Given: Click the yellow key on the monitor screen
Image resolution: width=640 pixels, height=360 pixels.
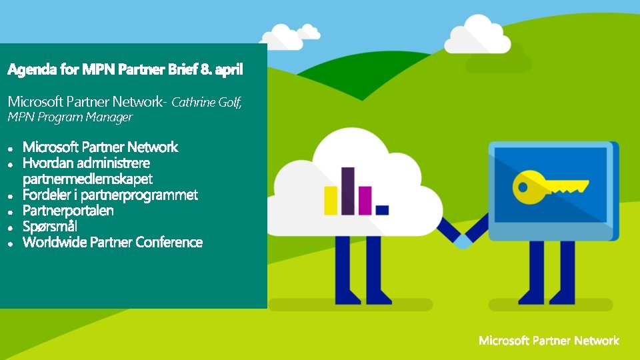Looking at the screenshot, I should [547, 185].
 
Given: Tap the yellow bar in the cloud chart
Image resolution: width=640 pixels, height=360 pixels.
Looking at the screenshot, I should [331, 201].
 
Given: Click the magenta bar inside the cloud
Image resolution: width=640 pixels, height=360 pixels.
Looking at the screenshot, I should [365, 201].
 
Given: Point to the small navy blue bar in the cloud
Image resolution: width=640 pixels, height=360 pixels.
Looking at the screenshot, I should [382, 210].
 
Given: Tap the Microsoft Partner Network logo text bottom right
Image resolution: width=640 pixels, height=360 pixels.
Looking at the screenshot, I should [549, 341].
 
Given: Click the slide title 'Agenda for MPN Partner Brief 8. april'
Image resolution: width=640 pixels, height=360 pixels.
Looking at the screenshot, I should [125, 69].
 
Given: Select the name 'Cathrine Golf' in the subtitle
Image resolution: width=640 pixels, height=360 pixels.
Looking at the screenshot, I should [205, 103].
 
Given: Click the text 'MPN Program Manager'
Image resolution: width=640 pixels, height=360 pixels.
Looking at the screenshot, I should [70, 117].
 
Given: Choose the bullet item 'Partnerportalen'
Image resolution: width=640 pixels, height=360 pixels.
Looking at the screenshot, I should [68, 211].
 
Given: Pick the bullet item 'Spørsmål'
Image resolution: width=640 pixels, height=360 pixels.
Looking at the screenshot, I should [50, 227].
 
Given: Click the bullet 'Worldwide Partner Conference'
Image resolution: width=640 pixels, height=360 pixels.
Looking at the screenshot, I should [113, 243].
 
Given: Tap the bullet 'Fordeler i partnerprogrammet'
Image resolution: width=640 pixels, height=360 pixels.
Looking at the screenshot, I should [110, 195].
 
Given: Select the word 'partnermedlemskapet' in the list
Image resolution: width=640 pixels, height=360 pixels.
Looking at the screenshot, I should [87, 179].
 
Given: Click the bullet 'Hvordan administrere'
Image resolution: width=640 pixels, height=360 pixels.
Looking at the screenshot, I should [86, 163].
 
